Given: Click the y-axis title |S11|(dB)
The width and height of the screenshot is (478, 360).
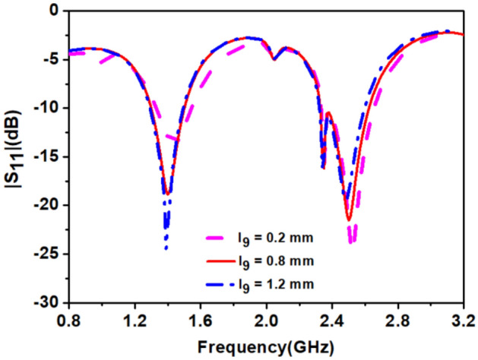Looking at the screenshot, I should [15, 156].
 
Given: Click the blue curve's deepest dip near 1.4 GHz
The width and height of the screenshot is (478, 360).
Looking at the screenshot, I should [166, 248].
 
